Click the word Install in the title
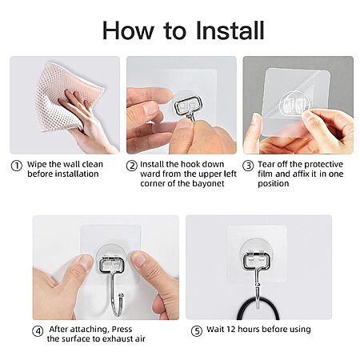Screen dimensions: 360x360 point(230,30)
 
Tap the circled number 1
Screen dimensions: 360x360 point(16,166)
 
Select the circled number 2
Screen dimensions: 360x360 point(131,166)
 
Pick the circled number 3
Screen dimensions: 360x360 point(248,166)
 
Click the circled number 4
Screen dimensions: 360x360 point(38,331)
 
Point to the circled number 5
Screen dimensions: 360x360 point(197,331)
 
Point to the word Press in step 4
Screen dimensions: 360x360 point(122,329)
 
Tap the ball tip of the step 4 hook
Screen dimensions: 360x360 point(122,295)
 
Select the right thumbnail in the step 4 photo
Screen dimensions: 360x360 point(138,258)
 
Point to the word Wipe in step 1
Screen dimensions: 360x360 point(37,164)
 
